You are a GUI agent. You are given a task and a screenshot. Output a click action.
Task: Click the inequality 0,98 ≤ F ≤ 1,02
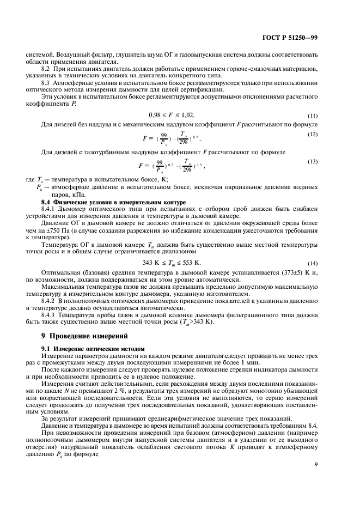coord(171,115)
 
